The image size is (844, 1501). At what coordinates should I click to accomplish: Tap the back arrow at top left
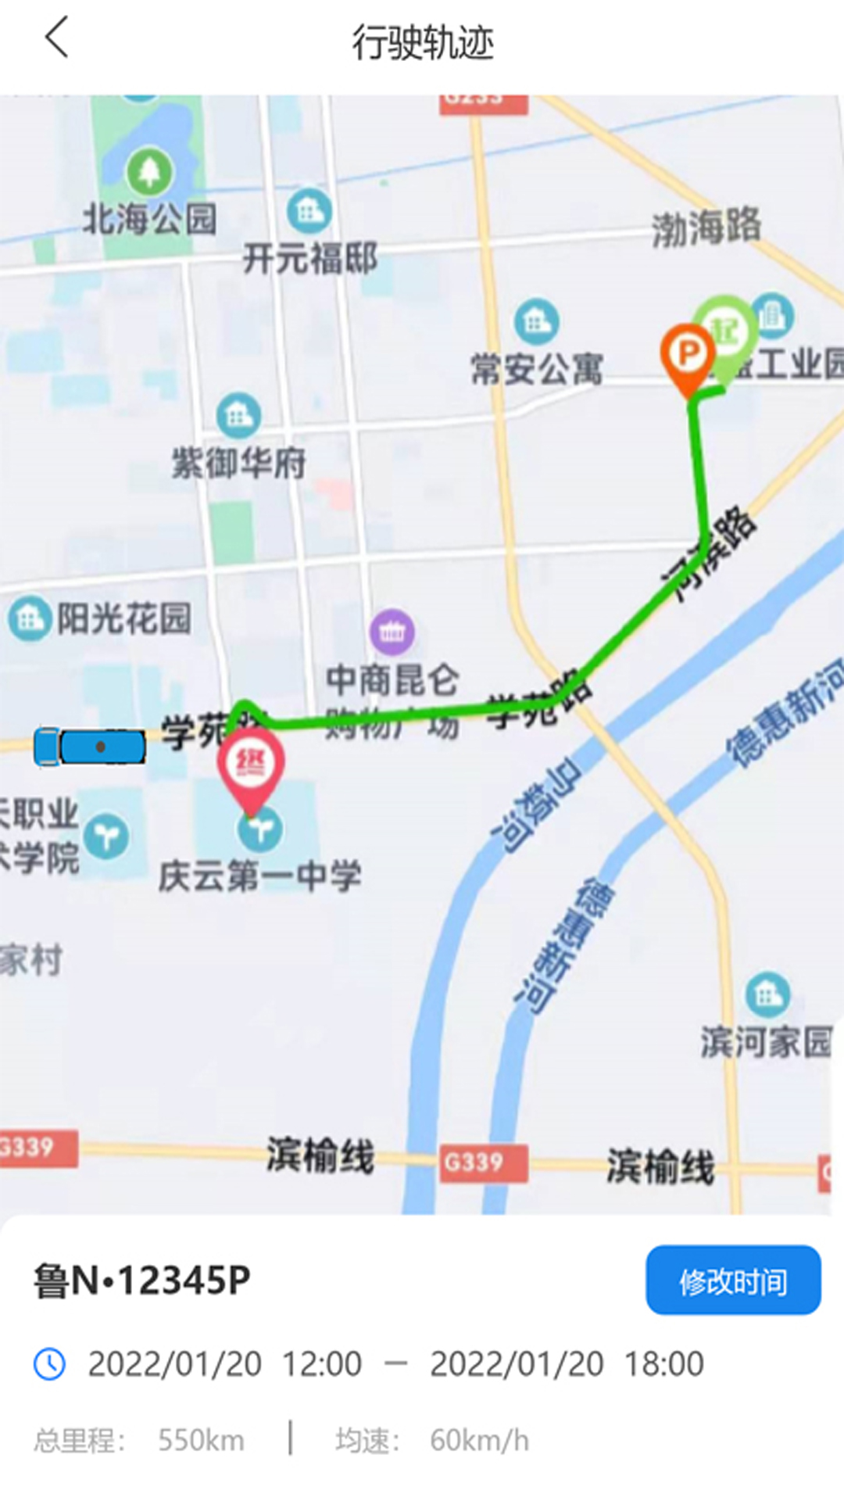[x=57, y=38]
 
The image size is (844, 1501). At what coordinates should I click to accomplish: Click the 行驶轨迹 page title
[x=422, y=42]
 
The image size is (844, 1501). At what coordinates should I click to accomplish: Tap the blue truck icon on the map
[x=90, y=747]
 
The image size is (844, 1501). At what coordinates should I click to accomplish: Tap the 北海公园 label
[x=149, y=219]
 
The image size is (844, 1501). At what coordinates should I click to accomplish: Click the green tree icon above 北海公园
[x=149, y=171]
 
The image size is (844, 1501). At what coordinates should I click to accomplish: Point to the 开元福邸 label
[x=310, y=258]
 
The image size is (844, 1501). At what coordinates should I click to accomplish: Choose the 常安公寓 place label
[x=537, y=368]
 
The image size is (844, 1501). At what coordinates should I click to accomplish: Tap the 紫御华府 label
[x=239, y=463]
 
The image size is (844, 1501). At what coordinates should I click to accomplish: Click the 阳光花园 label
[x=123, y=618]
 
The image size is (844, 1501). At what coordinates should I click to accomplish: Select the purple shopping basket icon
[x=392, y=632]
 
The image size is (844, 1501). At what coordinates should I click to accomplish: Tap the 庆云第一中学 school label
[x=260, y=876]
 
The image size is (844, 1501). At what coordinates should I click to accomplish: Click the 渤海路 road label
[x=706, y=227]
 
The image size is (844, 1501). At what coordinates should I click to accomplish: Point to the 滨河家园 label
[x=766, y=1042]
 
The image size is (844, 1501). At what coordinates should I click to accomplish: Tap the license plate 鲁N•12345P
[x=142, y=1281]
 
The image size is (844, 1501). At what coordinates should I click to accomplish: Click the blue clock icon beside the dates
[x=50, y=1364]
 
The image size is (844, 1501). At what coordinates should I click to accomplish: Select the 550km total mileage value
[x=201, y=1440]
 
